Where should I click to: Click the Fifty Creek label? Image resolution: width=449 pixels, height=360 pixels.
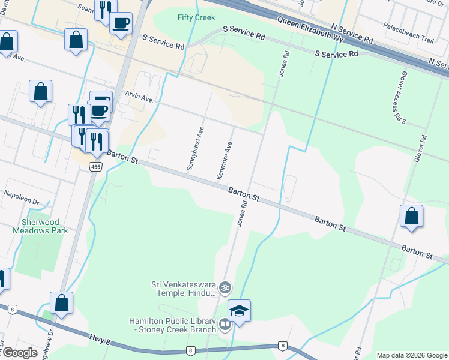tap(196, 17)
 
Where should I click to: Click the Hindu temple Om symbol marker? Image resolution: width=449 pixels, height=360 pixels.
tap(225, 288)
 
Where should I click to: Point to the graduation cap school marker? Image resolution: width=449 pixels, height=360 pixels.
tap(239, 311)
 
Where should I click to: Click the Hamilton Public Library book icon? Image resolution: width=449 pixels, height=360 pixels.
tap(225, 325)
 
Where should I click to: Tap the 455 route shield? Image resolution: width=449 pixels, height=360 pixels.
tap(96, 166)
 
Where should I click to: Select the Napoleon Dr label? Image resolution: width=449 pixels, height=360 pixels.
tap(21, 194)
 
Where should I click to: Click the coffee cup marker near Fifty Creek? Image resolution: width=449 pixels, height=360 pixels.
tap(121, 23)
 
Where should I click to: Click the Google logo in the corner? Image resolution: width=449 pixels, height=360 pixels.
tap(19, 352)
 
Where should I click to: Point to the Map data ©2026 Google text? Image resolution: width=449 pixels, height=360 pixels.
tap(411, 355)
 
